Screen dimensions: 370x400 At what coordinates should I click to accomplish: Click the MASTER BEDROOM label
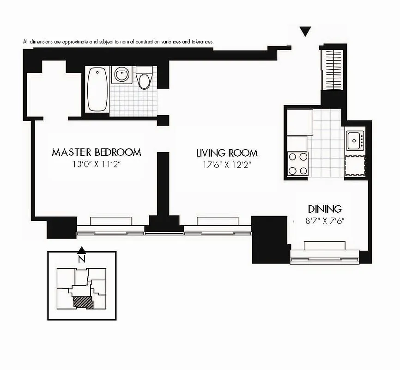point(96,152)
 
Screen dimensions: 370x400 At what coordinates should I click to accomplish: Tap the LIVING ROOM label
point(227,153)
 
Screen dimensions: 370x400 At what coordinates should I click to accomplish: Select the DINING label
point(325,209)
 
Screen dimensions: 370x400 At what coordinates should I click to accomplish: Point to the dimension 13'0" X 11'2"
point(96,164)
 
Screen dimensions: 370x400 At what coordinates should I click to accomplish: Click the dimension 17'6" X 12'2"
point(227,165)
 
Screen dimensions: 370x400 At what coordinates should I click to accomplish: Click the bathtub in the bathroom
point(97,90)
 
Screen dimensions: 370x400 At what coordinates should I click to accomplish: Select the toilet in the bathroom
point(145,78)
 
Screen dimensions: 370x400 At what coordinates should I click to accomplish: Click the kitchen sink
point(355,138)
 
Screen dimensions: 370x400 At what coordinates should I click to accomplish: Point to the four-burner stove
point(298,163)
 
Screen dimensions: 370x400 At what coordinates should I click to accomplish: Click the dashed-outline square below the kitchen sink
point(355,165)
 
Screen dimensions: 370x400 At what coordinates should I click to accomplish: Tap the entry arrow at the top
point(305,31)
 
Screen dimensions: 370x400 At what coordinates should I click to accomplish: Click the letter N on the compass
point(81,259)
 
